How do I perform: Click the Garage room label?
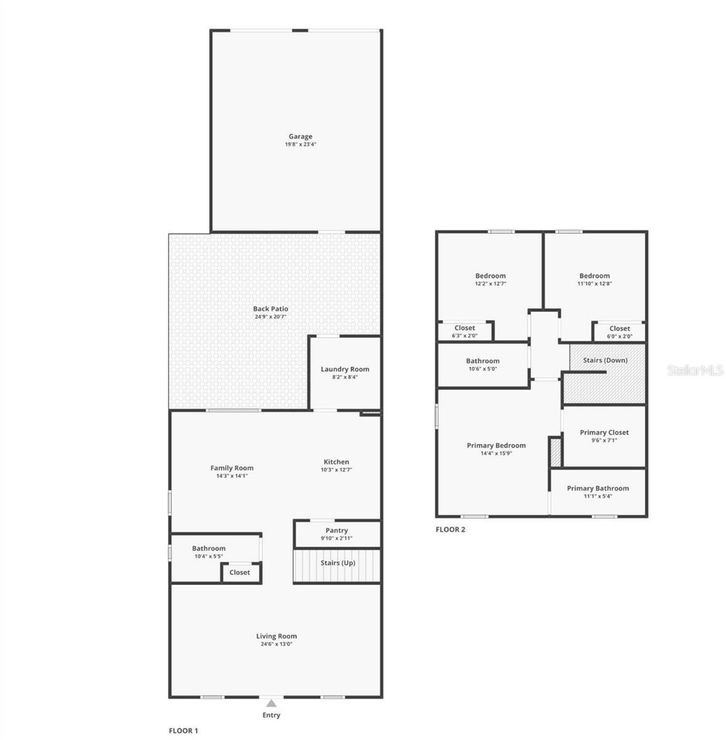[300, 136]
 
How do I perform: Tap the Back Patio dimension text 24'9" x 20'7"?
[270, 317]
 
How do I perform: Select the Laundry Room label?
[345, 369]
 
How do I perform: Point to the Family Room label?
[232, 468]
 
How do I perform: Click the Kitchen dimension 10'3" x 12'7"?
[336, 470]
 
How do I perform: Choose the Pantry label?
[337, 530]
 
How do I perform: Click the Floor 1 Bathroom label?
[208, 548]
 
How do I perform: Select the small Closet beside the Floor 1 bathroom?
[240, 572]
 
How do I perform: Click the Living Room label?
[276, 636]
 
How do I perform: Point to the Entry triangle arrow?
[271, 702]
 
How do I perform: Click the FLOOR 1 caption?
[184, 731]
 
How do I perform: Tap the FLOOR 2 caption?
[450, 529]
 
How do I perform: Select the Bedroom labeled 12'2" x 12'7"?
[490, 276]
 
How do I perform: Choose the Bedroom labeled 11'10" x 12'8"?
[595, 276]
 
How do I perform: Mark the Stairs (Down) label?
[605, 360]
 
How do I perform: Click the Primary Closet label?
[604, 432]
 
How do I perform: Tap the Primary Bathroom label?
[598, 488]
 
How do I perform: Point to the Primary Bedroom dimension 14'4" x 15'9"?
[496, 453]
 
